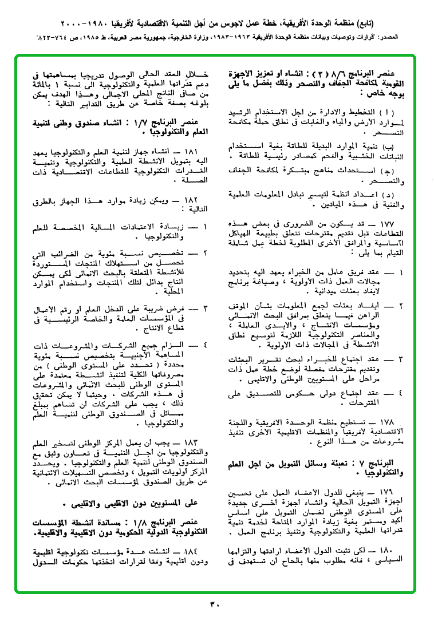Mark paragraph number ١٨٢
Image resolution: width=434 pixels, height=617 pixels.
coord(187,200)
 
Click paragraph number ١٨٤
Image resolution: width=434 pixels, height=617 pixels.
coord(187,551)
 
